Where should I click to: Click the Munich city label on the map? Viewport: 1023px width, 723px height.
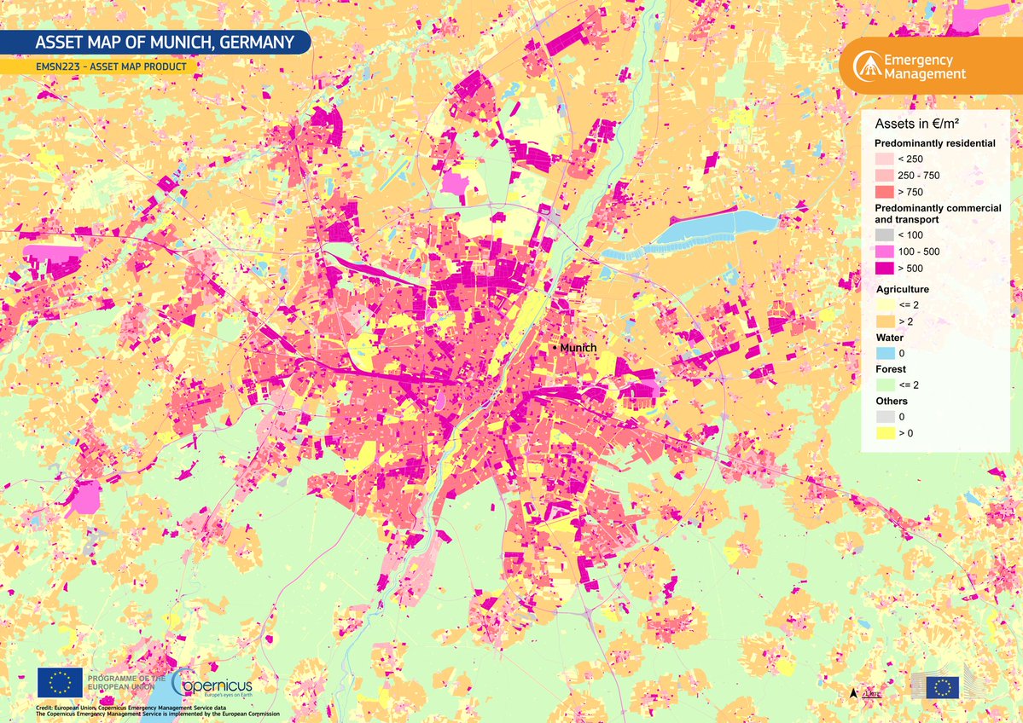pyautogui.click(x=578, y=348)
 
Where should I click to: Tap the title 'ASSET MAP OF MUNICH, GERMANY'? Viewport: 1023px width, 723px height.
pyautogui.click(x=164, y=43)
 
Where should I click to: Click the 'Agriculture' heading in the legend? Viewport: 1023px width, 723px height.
pyautogui.click(x=902, y=289)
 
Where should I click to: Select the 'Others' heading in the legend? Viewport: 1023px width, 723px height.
pyautogui.click(x=892, y=401)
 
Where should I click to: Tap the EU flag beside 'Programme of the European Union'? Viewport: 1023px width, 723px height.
pyautogui.click(x=60, y=682)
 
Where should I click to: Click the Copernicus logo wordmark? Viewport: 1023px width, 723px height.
pyautogui.click(x=213, y=684)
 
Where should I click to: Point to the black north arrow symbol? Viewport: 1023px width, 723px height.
pyautogui.click(x=853, y=693)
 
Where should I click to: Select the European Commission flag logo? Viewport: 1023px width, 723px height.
pyautogui.click(x=943, y=687)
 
